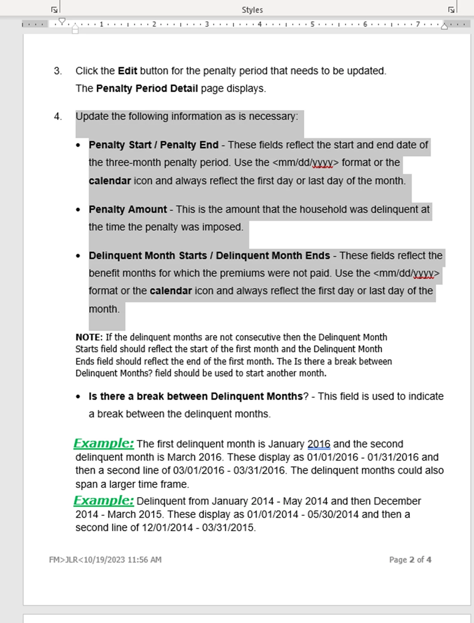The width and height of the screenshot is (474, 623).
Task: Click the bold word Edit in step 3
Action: pos(128,71)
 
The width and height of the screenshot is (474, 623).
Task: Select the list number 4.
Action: pos(58,117)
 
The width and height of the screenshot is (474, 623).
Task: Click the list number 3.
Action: pos(58,71)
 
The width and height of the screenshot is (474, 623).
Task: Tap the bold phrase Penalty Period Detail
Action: pos(147,89)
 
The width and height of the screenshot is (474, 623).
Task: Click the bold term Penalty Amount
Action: pos(128,210)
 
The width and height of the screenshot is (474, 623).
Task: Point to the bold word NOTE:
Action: pos(89,337)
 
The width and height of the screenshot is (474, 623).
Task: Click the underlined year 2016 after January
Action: pos(319,444)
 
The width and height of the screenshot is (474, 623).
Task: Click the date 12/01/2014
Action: pos(167,527)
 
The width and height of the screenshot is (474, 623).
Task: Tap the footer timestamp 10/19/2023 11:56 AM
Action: pos(122,560)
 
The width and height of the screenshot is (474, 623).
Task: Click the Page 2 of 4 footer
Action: pos(410,560)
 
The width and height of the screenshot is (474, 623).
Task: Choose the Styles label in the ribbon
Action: pos(252,10)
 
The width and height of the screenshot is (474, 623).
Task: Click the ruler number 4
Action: pos(260,24)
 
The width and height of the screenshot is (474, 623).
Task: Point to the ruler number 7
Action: pos(418,24)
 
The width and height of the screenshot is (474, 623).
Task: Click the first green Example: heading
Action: pos(104,443)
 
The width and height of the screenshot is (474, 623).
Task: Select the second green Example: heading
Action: pos(104,501)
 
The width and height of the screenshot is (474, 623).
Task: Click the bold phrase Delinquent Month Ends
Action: pos(273,256)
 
